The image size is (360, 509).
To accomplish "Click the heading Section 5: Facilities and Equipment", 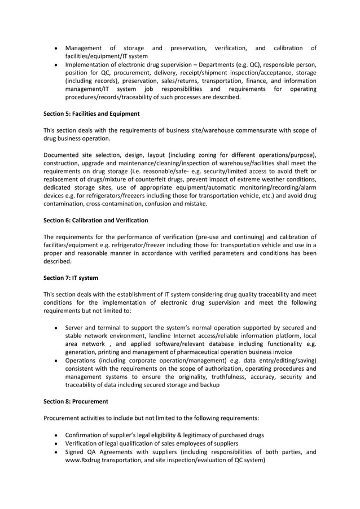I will point(91,113).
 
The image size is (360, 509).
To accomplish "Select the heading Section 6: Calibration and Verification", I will point(95,220).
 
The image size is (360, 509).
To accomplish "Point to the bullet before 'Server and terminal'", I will point(54,327).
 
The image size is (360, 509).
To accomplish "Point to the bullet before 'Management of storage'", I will point(54,48).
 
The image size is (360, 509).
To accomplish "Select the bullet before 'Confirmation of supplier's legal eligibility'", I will point(54,435).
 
